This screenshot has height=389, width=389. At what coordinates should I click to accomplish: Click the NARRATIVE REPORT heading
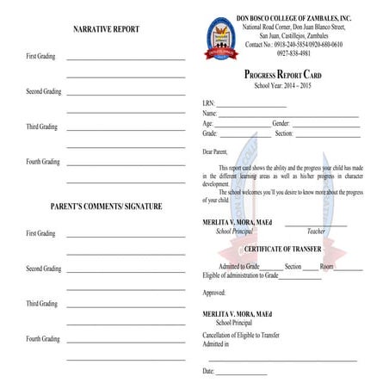[106, 29]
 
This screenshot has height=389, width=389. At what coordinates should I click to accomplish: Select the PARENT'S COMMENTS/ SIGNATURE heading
[106, 207]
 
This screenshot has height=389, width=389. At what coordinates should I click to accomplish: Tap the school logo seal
[219, 38]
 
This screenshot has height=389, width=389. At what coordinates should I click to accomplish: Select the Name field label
[210, 114]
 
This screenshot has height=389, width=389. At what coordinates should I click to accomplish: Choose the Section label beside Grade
[284, 134]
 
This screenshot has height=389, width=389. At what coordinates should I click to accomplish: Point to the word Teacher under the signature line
[316, 232]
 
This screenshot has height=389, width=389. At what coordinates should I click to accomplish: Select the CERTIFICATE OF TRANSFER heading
[290, 250]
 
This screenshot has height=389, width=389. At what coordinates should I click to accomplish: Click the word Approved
[214, 293]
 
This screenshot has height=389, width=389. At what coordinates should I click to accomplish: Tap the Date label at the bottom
[208, 371]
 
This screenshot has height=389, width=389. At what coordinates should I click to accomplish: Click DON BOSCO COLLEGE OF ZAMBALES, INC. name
[293, 18]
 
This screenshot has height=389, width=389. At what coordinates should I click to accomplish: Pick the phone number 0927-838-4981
[293, 52]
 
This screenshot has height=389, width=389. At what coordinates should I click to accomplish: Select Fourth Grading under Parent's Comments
[43, 339]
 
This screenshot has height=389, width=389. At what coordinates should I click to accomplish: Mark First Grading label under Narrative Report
[40, 56]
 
